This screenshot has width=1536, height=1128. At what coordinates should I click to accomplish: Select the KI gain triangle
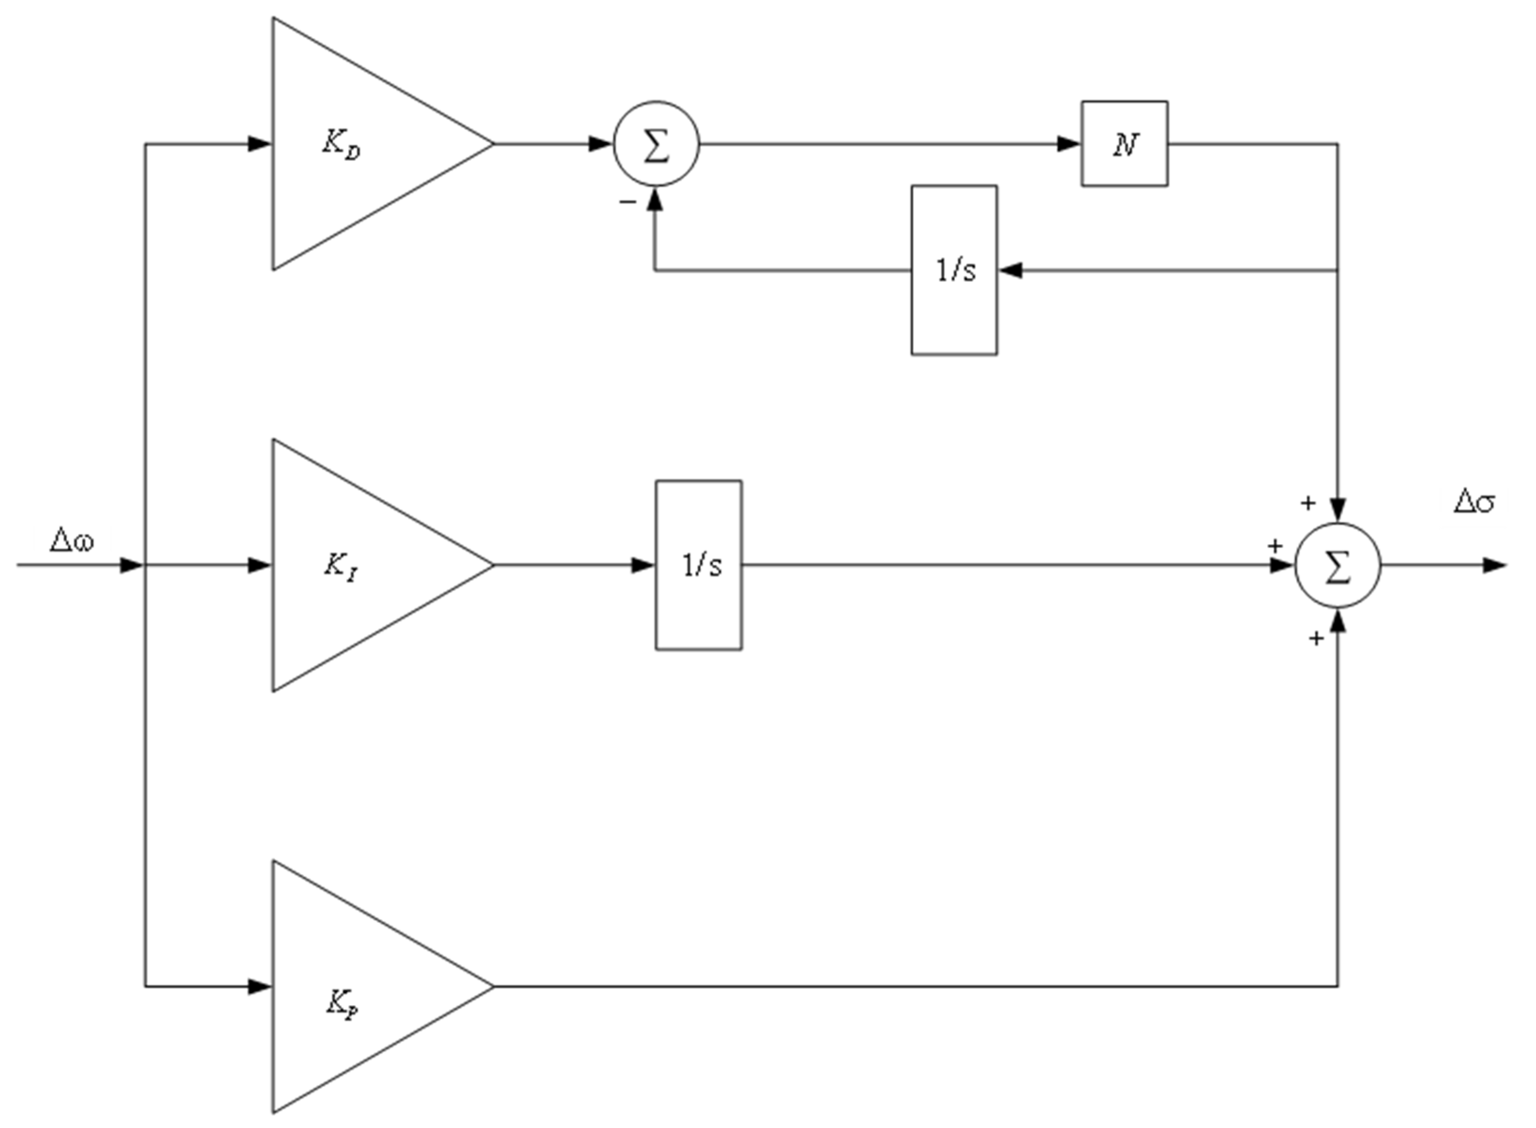click(355, 565)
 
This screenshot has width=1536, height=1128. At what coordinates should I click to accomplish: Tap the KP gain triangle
click(355, 986)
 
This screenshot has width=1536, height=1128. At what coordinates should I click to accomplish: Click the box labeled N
click(1124, 144)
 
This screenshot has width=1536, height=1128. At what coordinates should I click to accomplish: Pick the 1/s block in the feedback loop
click(954, 270)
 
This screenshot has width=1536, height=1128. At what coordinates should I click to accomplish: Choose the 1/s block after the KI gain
click(699, 565)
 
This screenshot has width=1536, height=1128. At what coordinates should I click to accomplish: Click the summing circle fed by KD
click(656, 144)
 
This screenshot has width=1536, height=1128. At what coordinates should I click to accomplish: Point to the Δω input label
click(72, 541)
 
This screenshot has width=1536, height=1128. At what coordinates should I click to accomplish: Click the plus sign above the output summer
click(1307, 504)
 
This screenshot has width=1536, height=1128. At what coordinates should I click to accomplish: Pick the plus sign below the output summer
click(1316, 639)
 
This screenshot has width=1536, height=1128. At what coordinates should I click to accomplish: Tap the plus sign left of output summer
click(1274, 546)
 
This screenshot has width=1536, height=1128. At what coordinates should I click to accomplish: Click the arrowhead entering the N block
click(1069, 144)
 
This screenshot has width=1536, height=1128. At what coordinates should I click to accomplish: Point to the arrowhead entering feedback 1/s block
click(1010, 270)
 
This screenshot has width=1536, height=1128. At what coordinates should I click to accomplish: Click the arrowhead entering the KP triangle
click(260, 986)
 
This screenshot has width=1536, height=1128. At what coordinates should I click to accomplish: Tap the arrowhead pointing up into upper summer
click(655, 199)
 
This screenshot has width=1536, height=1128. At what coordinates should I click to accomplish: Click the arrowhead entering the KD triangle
click(260, 144)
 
